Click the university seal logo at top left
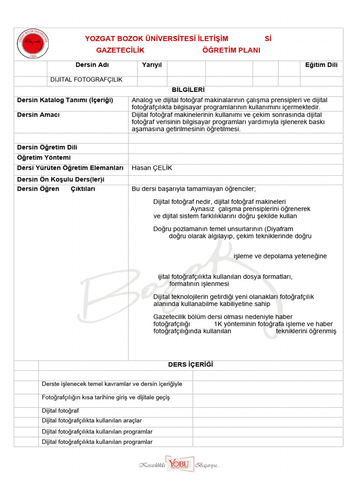click(x=32, y=45)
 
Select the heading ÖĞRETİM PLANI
click(x=231, y=50)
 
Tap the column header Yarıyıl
click(x=152, y=65)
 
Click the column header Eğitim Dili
click(x=321, y=65)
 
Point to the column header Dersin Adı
click(x=92, y=65)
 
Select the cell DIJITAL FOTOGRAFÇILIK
click(x=86, y=80)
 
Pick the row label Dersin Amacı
click(x=38, y=115)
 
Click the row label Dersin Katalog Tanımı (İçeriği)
click(x=65, y=100)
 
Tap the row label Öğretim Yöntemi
click(x=44, y=157)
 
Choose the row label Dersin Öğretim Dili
click(x=47, y=147)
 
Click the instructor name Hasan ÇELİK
click(x=149, y=168)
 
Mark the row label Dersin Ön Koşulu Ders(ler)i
click(x=61, y=180)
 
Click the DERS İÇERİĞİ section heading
click(x=190, y=365)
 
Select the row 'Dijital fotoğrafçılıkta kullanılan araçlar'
click(x=92, y=421)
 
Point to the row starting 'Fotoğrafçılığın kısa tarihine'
click(x=106, y=397)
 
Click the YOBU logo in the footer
click(x=178, y=464)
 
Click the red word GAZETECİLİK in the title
click(x=120, y=50)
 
